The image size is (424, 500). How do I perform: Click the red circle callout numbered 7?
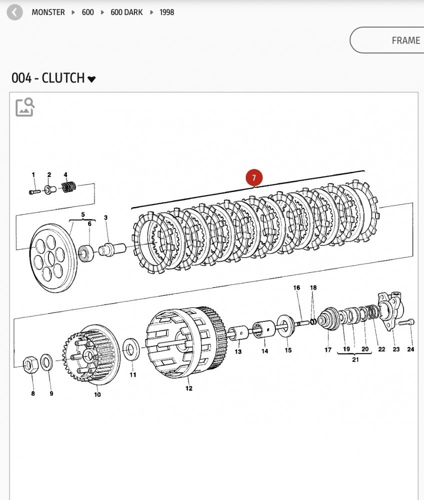(x=254, y=177)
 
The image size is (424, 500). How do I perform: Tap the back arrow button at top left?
(x=14, y=12)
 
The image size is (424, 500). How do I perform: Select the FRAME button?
(x=405, y=40)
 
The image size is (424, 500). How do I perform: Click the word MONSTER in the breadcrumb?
(x=48, y=12)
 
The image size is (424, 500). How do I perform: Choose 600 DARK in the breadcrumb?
(x=126, y=12)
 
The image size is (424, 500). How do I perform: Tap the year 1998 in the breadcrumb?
(x=167, y=12)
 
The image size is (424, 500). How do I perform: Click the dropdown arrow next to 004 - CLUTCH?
(x=91, y=79)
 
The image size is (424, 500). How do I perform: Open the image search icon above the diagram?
(x=24, y=107)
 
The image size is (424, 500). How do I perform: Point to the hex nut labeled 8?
(x=29, y=365)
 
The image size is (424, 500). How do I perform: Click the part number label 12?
(x=189, y=388)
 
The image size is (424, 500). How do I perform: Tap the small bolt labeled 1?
(x=34, y=191)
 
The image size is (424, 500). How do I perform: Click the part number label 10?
(x=97, y=394)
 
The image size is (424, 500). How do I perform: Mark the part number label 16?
(x=296, y=288)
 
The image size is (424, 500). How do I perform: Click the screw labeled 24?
(x=408, y=322)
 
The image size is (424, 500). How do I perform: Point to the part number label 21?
(x=355, y=359)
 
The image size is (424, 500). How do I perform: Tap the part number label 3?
(x=106, y=217)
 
